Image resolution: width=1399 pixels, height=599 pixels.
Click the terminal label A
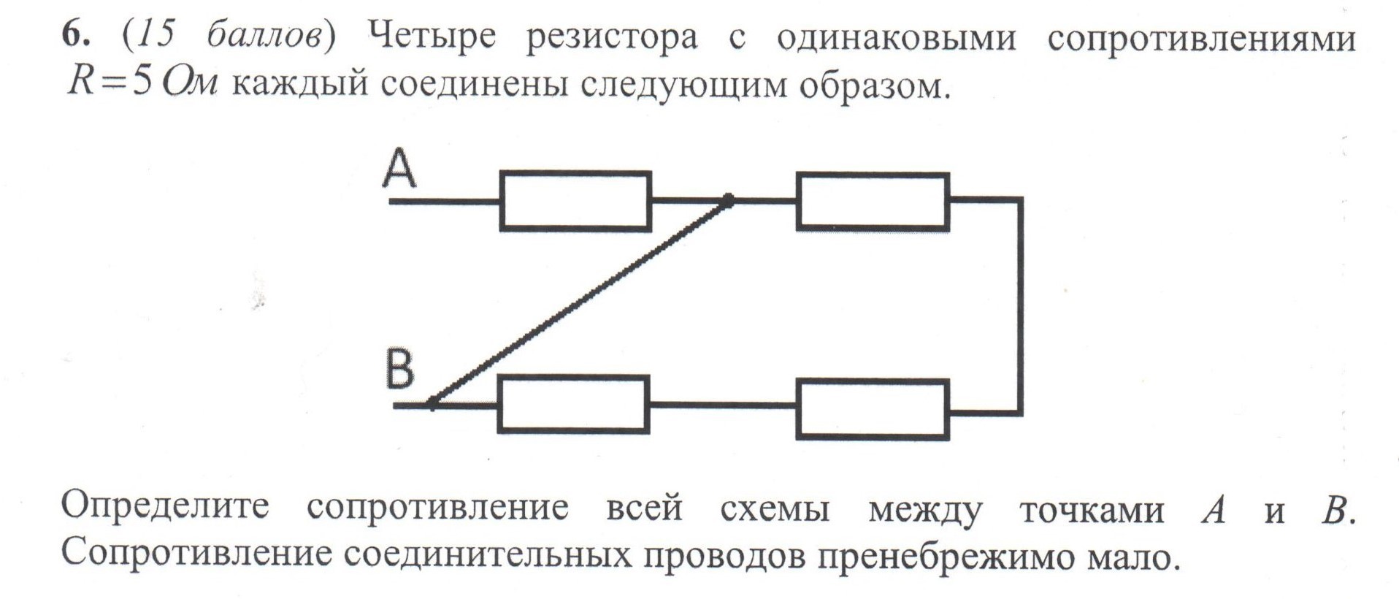(x=399, y=169)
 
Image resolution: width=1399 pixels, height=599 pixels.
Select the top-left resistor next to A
(x=575, y=202)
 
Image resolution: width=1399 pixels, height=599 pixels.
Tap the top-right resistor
(x=873, y=202)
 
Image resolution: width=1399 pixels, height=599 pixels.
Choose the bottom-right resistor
(x=873, y=408)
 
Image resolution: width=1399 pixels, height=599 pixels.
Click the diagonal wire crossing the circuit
(x=580, y=301)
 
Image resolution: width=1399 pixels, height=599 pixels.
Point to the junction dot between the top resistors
(x=728, y=199)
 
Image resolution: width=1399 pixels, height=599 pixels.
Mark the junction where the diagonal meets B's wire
(x=432, y=402)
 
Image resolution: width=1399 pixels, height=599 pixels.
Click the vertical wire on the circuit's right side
(x=1019, y=305)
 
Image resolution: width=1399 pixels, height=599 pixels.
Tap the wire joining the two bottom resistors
(x=722, y=404)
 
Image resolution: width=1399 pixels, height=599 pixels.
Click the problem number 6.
(x=73, y=35)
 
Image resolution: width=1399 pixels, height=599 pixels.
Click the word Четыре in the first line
(x=432, y=37)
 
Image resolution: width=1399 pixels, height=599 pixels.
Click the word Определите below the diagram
(x=165, y=507)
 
